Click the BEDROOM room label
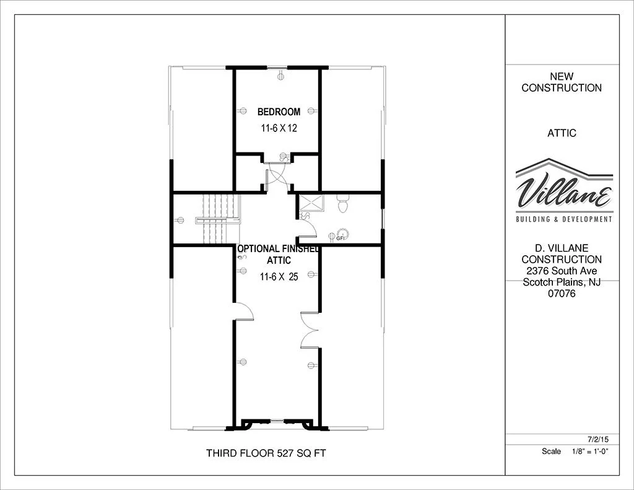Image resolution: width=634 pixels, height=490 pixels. (279, 112)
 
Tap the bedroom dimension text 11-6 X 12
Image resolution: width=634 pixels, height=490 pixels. (279, 128)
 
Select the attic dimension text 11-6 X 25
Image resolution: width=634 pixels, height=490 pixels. (279, 277)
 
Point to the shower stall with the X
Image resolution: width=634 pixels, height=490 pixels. (311, 203)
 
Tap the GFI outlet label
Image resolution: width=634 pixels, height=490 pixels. (341, 238)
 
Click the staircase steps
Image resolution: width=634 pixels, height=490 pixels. (218, 219)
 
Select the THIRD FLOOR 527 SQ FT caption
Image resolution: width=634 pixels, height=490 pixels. (266, 453)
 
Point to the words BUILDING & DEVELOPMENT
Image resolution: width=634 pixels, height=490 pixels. (564, 219)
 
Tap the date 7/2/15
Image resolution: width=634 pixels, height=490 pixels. (598, 439)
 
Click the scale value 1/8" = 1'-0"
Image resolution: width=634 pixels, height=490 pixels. (590, 452)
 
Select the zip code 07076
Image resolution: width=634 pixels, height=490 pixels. (562, 294)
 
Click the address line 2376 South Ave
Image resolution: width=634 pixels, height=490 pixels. (562, 271)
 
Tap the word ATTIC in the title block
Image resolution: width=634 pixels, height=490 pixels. (562, 133)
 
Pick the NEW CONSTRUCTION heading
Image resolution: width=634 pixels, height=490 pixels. (562, 82)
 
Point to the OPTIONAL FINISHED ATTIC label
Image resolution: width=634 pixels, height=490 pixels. (279, 255)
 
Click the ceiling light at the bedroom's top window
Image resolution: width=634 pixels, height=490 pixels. (280, 76)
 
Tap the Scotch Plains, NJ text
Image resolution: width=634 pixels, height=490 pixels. (562, 282)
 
